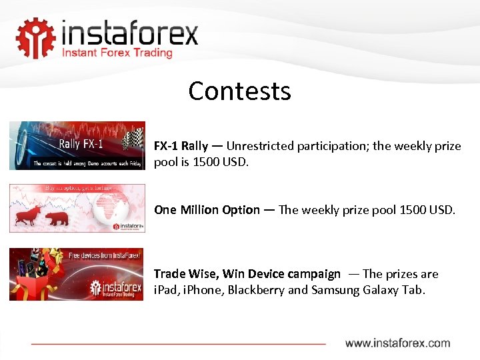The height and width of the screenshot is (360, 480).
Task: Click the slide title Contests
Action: click(x=239, y=91)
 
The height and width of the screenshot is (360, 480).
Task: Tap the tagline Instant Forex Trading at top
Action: click(x=117, y=53)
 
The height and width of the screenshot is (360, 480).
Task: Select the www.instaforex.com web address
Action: click(x=397, y=343)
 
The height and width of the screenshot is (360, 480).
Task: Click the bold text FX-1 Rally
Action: click(x=181, y=146)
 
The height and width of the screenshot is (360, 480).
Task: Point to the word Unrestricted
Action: click(x=261, y=146)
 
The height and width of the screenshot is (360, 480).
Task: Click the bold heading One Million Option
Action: click(x=207, y=210)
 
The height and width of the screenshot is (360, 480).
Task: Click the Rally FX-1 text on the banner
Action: click(x=81, y=143)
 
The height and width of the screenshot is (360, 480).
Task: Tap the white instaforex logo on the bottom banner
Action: click(x=114, y=288)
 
